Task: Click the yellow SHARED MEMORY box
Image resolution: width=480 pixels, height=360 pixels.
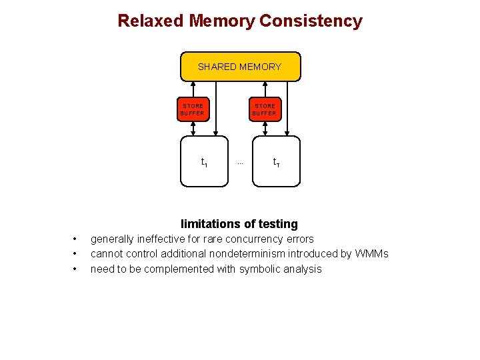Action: tap(240, 67)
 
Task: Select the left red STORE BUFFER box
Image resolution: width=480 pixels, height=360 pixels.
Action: tap(193, 109)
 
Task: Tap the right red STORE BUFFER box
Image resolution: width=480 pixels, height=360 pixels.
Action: tap(265, 109)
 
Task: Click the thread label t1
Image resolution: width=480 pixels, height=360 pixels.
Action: tap(204, 162)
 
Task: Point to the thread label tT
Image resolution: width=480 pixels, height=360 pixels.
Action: tap(276, 162)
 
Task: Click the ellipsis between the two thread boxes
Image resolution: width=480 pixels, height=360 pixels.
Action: tap(240, 163)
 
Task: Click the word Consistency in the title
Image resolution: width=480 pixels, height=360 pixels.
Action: tap(311, 21)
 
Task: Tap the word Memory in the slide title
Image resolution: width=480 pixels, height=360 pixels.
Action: tap(221, 21)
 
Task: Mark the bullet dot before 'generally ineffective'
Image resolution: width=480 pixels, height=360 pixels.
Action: tap(75, 239)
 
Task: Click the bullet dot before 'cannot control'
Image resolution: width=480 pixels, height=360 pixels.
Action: tap(75, 254)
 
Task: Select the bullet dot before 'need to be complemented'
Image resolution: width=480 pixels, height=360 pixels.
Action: tap(75, 269)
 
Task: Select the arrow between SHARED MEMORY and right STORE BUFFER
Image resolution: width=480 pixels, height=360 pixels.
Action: tap(265, 90)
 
